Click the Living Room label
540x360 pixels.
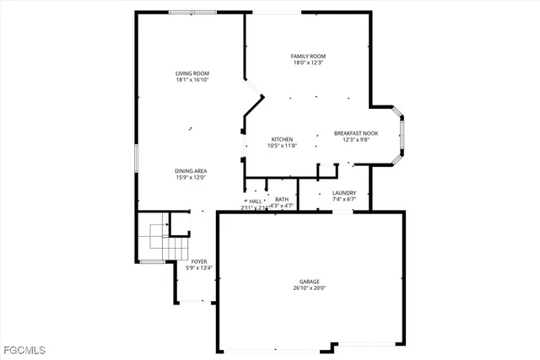[192, 73]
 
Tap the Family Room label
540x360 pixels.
[309, 56]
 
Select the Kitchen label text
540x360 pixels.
[282, 138]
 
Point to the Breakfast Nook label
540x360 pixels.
[356, 133]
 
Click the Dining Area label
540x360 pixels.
[192, 170]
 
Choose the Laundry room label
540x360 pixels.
[344, 192]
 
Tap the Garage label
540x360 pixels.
[309, 281]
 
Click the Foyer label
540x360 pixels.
[199, 261]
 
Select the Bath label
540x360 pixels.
[281, 199]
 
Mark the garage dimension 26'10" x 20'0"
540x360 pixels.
[309, 287]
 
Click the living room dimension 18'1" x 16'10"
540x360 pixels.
[192, 80]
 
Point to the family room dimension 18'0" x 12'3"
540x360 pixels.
[309, 62]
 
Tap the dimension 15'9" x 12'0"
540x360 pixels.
[192, 177]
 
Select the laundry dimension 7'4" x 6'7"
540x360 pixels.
[344, 199]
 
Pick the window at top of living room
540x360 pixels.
[192, 12]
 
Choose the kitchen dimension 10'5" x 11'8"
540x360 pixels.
[282, 145]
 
